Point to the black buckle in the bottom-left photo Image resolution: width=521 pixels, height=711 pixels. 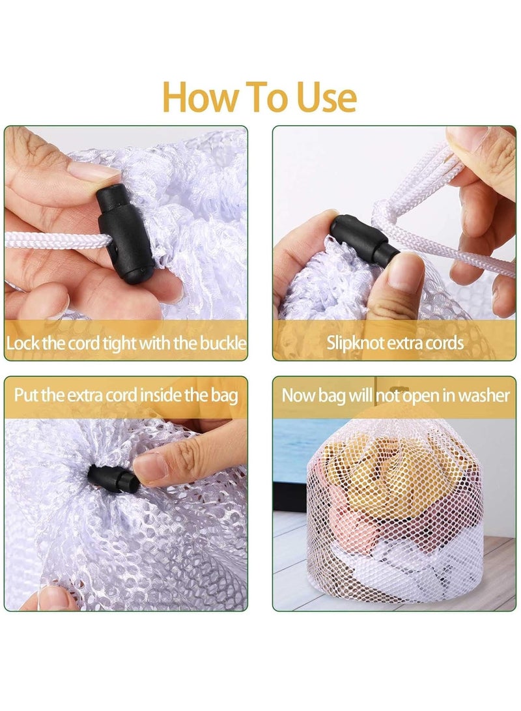(x=113, y=479)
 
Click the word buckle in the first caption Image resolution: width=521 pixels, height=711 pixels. (x=223, y=343)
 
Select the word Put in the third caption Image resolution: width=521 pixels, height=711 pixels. (x=26, y=395)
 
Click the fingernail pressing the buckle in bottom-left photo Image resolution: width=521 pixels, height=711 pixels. (x=150, y=465)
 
